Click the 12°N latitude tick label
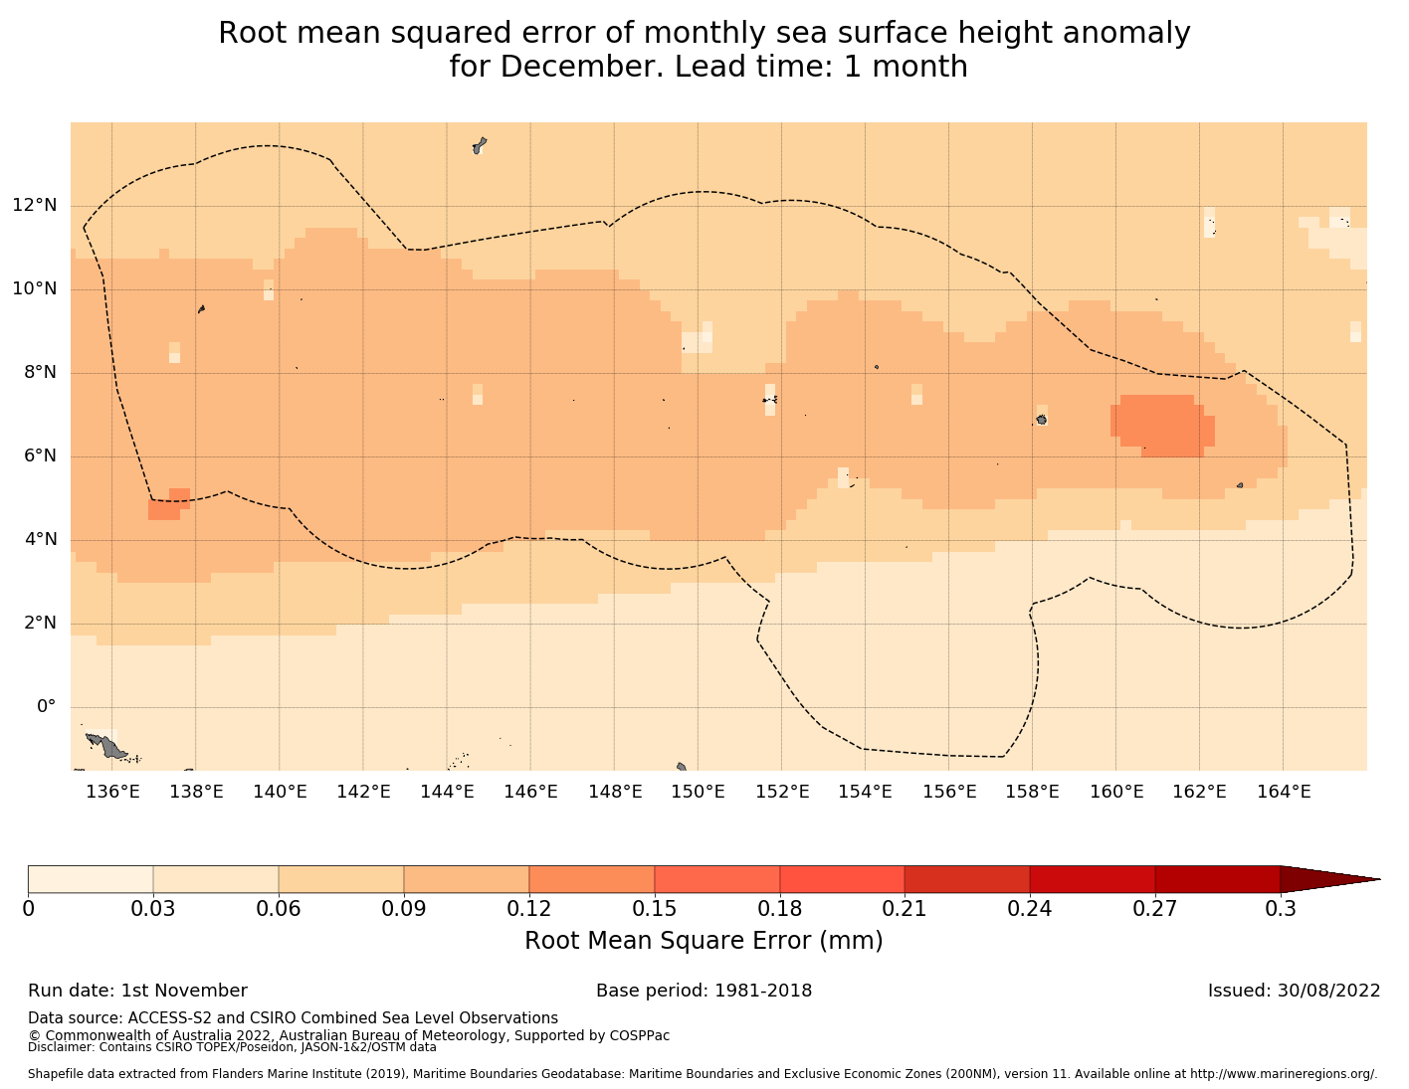click(x=34, y=206)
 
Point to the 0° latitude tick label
click(x=46, y=707)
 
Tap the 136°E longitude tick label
click(x=112, y=792)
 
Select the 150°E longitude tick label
click(x=698, y=792)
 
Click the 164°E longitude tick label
click(x=1284, y=792)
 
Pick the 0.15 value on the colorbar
click(x=655, y=908)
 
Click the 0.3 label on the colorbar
click(x=1280, y=908)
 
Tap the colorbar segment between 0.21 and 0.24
click(x=966, y=879)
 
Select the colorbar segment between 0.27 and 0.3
click(x=1217, y=879)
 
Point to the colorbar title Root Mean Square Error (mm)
click(x=704, y=941)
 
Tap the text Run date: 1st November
click(x=137, y=991)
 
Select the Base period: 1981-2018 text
click(x=704, y=991)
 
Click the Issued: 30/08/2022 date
click(x=1294, y=991)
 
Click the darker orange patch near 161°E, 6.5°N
click(x=1160, y=425)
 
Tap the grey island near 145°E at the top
click(x=479, y=146)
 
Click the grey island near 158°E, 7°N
click(x=1041, y=420)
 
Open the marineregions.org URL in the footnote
click(x=1284, y=1074)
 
